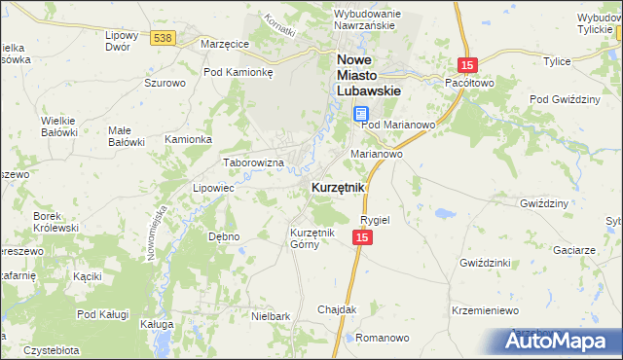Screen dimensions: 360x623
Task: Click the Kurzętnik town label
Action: point(338,187)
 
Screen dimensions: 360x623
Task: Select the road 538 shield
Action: point(163,38)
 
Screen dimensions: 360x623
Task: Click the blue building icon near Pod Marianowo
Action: point(360,114)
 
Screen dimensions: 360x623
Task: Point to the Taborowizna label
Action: point(253,162)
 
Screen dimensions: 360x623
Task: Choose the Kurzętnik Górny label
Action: point(312,238)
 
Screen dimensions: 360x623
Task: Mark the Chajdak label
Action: point(337,309)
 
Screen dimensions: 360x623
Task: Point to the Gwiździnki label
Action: point(486,264)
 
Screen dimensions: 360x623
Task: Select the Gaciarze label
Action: point(573,250)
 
